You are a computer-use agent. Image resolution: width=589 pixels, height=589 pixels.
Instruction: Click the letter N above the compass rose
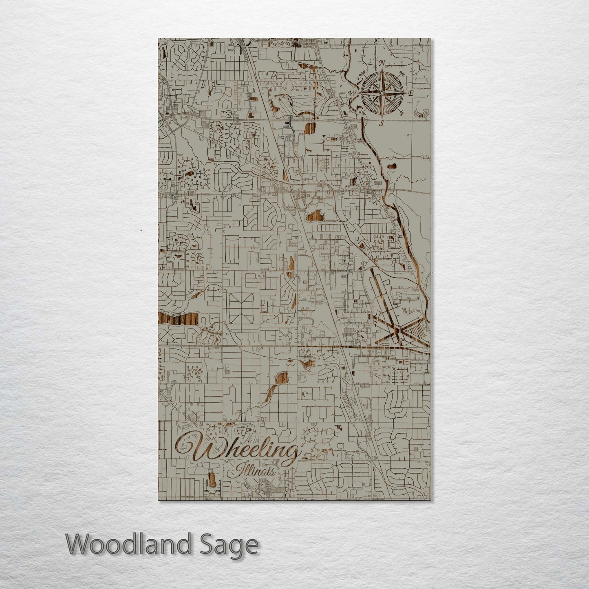click(x=382, y=62)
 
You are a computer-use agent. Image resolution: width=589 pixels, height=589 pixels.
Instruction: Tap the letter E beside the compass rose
click(x=411, y=93)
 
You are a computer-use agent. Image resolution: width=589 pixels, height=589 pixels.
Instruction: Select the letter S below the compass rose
click(x=382, y=124)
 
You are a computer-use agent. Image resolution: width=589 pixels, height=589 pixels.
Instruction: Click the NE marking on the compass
click(x=402, y=74)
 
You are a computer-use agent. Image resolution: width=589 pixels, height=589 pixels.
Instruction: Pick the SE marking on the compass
click(x=402, y=113)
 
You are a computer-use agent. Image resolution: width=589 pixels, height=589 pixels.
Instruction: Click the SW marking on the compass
click(x=360, y=111)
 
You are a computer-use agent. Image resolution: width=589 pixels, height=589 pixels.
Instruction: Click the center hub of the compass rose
click(x=381, y=93)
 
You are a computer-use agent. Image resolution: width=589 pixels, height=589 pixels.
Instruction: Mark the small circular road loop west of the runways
click(x=360, y=335)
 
